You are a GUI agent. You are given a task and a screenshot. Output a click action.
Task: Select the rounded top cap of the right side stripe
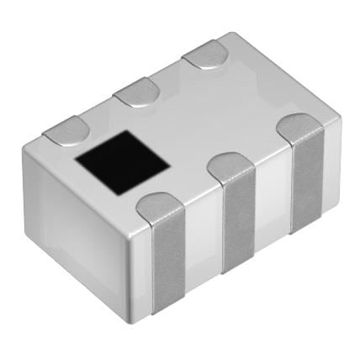coord(300,127)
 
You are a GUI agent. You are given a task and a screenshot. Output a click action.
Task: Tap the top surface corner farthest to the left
coord(25,148)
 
